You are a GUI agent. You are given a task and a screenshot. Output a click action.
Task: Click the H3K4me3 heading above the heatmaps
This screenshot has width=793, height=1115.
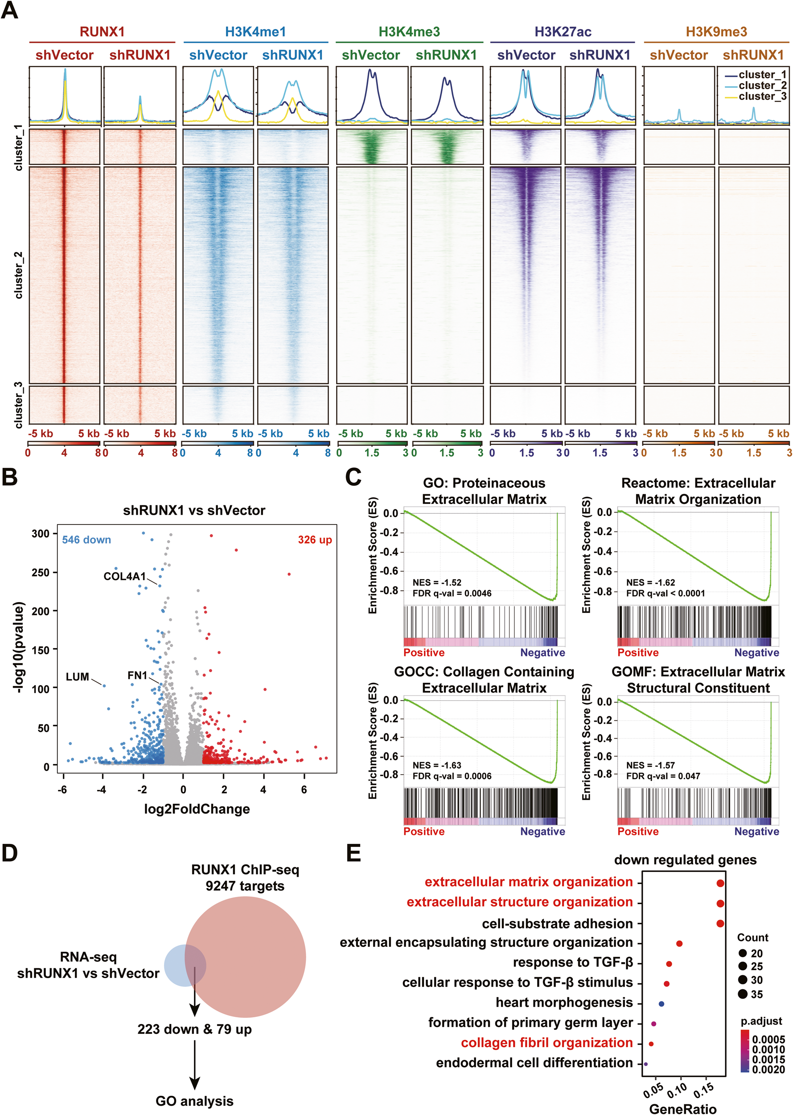[409, 32]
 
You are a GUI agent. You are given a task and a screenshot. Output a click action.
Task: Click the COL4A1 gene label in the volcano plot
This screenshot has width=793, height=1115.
[124, 576]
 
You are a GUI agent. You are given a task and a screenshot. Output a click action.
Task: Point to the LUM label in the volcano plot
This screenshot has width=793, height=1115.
[78, 677]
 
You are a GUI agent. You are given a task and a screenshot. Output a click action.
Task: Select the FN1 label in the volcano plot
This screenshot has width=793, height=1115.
[137, 675]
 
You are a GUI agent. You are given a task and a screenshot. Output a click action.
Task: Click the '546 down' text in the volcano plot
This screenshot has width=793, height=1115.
[86, 539]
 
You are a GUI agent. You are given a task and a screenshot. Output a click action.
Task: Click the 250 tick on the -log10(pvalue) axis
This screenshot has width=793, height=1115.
[41, 572]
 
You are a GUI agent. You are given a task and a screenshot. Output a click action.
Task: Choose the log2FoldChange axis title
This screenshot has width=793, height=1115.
[197, 809]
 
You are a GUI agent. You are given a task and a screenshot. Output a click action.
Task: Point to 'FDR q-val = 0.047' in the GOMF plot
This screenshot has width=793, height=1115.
[663, 776]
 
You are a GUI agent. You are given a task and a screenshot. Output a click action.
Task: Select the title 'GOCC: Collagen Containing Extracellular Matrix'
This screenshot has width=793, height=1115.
[484, 680]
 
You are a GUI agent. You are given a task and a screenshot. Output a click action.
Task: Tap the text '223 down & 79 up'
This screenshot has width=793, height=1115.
[194, 1029]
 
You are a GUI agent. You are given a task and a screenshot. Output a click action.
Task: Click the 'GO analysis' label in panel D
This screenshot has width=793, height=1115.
[194, 1101]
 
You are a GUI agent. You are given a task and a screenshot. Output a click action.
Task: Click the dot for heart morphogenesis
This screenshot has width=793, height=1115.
[661, 1003]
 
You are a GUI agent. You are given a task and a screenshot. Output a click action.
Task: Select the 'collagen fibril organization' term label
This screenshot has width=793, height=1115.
[546, 1043]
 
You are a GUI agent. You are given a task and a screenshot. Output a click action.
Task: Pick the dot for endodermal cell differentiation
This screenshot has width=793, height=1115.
[645, 1064]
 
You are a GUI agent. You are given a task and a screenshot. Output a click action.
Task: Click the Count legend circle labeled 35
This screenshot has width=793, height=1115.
[743, 994]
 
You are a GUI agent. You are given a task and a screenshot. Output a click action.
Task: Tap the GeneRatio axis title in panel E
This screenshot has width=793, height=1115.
[682, 1109]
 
